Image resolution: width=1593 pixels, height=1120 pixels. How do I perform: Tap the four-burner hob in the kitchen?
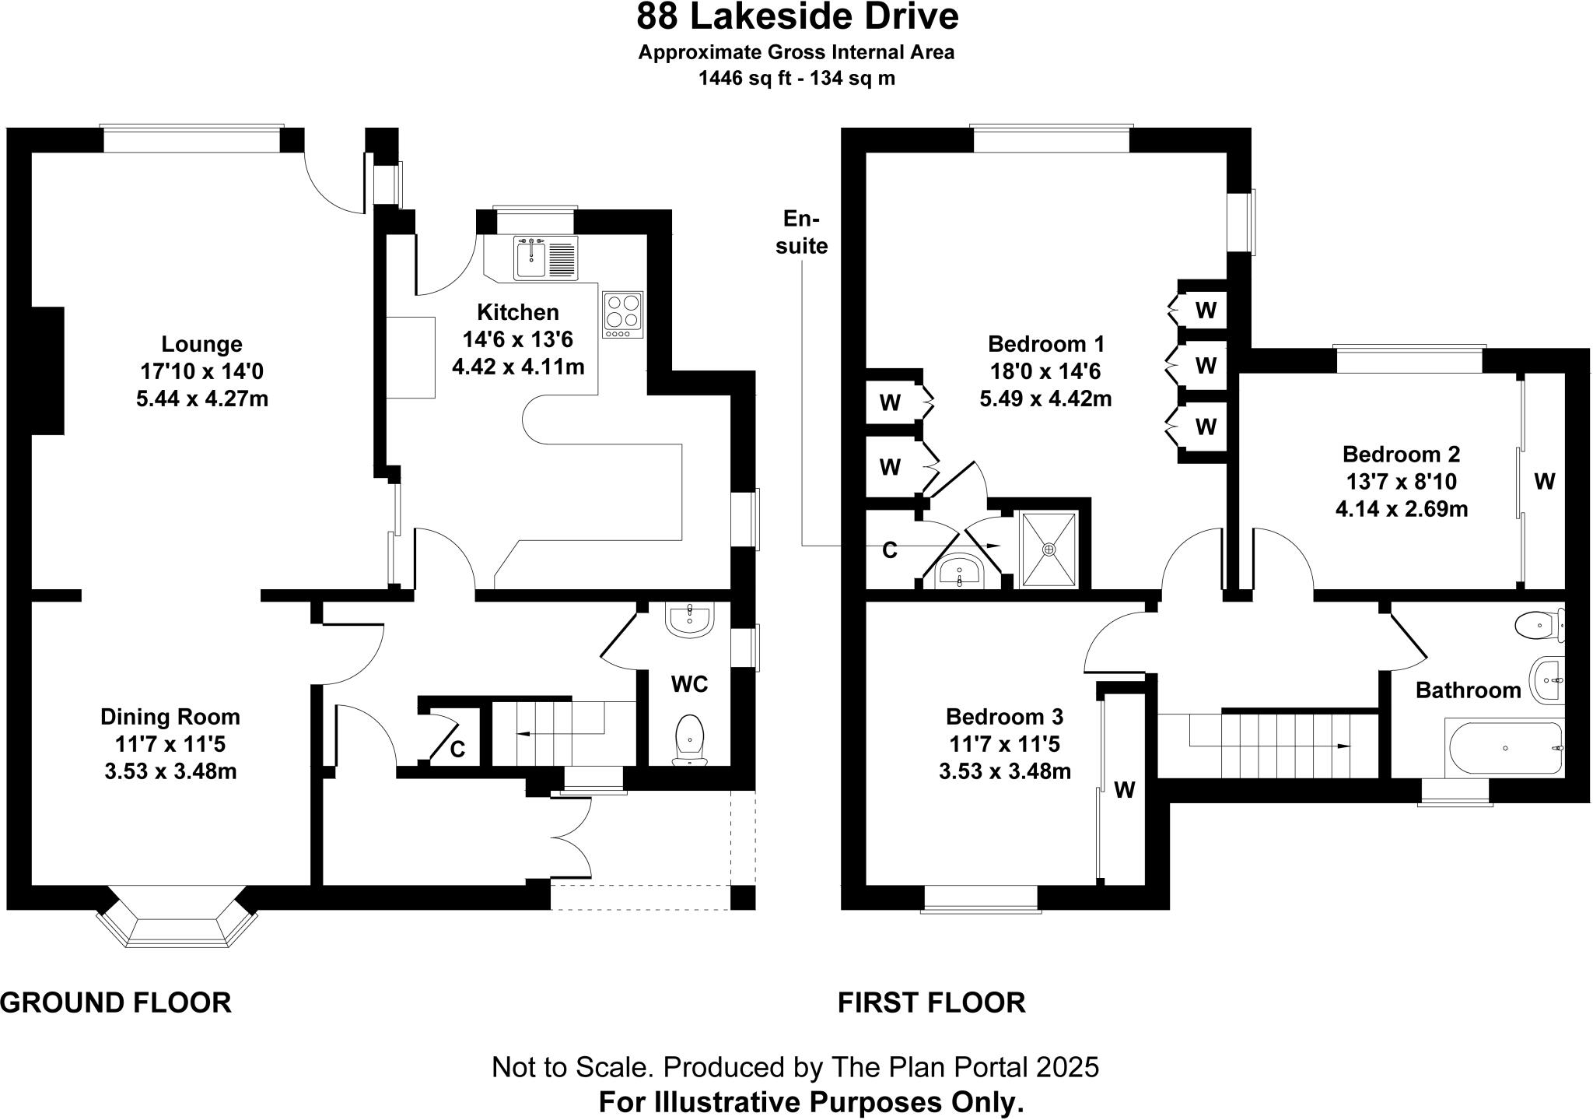(x=623, y=314)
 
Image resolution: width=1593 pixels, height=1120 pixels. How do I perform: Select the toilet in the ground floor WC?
(x=690, y=737)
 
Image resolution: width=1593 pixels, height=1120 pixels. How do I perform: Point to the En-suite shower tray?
(x=1049, y=549)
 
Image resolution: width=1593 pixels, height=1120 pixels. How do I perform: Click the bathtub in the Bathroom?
(x=1505, y=748)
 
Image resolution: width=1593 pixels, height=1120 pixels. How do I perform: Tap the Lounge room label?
(x=201, y=344)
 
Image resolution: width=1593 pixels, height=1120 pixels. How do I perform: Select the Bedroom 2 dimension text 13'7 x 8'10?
(x=1401, y=481)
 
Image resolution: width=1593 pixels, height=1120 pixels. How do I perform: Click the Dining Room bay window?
(x=177, y=919)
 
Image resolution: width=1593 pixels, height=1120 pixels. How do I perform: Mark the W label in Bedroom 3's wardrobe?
(x=1125, y=791)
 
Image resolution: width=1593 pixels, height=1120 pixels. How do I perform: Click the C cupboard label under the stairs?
(x=458, y=750)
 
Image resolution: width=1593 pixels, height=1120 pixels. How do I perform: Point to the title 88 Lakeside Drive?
(x=796, y=17)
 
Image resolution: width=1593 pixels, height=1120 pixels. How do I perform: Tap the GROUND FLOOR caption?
(x=116, y=1002)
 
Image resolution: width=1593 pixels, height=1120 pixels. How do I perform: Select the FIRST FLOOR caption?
(x=931, y=1002)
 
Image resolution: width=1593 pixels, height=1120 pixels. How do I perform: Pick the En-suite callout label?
(x=802, y=232)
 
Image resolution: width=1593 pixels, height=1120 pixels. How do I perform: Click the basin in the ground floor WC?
(x=689, y=621)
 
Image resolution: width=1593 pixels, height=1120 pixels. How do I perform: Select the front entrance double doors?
(x=572, y=837)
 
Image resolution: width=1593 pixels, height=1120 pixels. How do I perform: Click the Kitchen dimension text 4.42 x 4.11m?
(x=518, y=367)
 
